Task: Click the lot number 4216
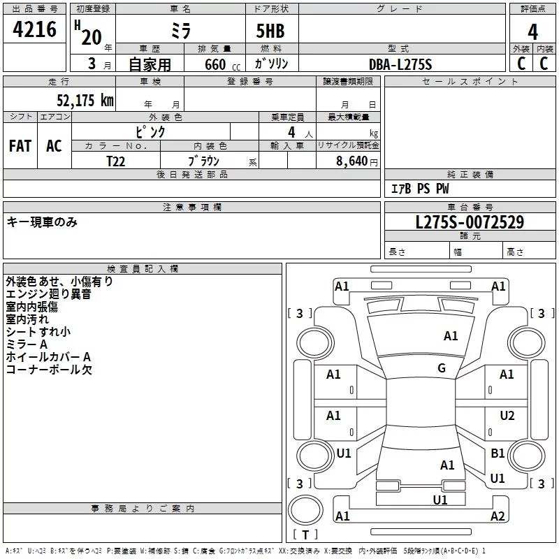(x=34, y=29)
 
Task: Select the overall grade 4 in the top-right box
(x=532, y=32)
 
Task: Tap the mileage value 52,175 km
(x=85, y=100)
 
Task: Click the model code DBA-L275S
(x=400, y=64)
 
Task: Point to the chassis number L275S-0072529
(x=470, y=222)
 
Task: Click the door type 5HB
(x=270, y=31)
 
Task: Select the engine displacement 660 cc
(x=222, y=65)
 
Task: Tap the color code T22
(x=115, y=161)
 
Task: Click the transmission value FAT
(x=20, y=146)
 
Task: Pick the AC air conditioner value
(x=54, y=146)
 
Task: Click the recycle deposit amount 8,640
(x=351, y=161)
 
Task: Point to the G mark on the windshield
(x=442, y=368)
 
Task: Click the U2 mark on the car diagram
(x=507, y=416)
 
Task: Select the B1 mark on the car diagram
(x=498, y=453)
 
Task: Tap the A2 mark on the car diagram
(x=498, y=516)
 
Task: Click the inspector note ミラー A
(x=27, y=344)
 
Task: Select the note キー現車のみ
(x=42, y=222)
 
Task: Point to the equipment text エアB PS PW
(x=420, y=189)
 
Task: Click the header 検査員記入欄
(x=143, y=268)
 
